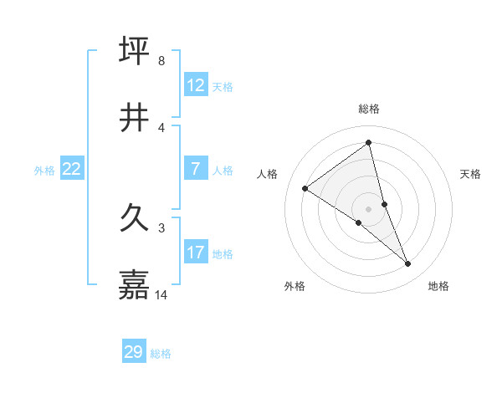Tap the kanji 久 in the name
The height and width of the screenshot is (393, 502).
135,219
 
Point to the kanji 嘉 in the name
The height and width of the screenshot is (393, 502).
135,285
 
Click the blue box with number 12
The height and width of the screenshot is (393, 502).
196,85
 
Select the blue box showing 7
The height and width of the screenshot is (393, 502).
196,170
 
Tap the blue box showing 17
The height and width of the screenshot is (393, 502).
196,253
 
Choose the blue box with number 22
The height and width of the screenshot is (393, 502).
72,170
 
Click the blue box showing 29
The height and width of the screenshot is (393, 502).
134,352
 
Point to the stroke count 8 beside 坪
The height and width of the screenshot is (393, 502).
161,61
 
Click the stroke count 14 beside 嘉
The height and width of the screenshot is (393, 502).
162,295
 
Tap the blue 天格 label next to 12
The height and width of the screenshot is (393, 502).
223,86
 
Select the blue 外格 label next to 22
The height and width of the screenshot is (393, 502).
44,171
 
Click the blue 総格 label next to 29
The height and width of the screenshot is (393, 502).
161,353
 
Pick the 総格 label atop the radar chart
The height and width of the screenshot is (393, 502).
369,109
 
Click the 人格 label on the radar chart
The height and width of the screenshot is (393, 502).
268,174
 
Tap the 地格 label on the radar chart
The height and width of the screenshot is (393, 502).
438,286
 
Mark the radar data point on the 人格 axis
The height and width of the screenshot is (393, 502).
305,188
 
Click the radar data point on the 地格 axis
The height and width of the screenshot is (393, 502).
408,264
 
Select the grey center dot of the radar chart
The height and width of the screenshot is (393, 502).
369,208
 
